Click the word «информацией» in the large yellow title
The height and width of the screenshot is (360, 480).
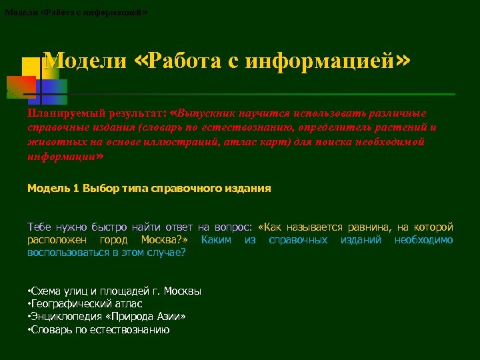tap(320, 62)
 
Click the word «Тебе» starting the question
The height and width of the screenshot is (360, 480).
tap(39, 227)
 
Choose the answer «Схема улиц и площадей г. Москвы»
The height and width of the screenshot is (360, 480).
tap(115, 291)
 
